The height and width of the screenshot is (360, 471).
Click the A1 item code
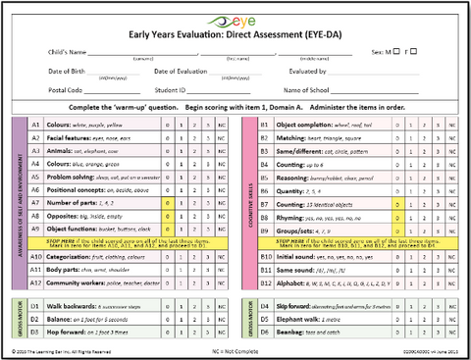[x=35, y=126]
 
